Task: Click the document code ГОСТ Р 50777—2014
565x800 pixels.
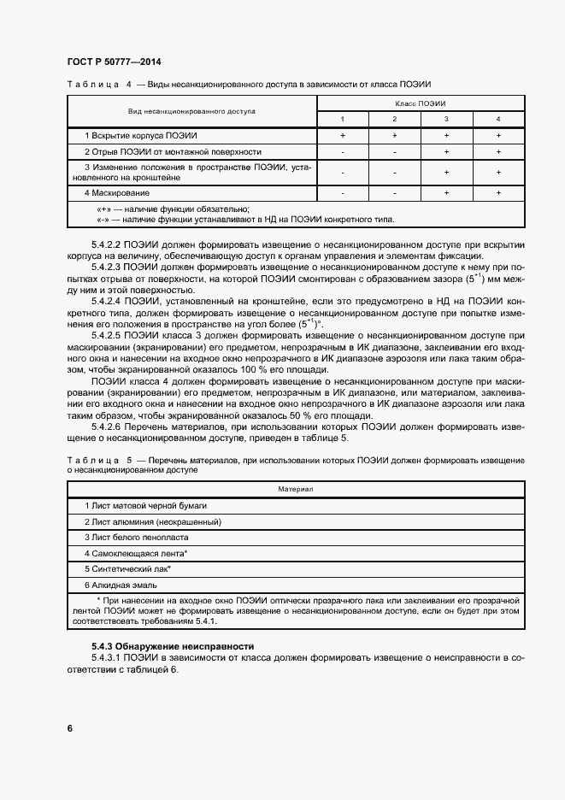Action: (x=113, y=62)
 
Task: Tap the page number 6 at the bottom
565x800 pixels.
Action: (x=69, y=728)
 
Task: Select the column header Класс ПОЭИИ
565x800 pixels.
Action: (x=420, y=103)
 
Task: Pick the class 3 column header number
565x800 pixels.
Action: (x=446, y=119)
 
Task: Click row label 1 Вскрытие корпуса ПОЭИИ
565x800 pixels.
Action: (x=141, y=136)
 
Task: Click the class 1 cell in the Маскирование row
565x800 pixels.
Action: (x=342, y=193)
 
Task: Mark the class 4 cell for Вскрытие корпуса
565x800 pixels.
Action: (x=498, y=136)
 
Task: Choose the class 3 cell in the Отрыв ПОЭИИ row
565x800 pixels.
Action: (x=446, y=151)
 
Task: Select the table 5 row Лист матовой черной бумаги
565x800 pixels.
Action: (x=146, y=505)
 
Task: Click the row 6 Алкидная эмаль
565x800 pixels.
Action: (x=124, y=585)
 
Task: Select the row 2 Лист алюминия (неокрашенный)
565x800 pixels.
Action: (x=150, y=521)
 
